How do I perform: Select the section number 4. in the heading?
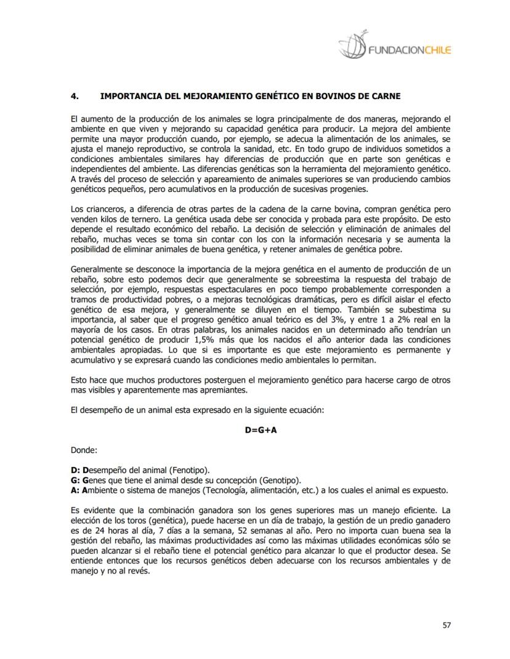click(75, 96)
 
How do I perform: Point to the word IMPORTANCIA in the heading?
click(127, 96)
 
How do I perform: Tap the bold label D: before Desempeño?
click(76, 470)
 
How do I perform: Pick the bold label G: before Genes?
click(76, 480)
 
